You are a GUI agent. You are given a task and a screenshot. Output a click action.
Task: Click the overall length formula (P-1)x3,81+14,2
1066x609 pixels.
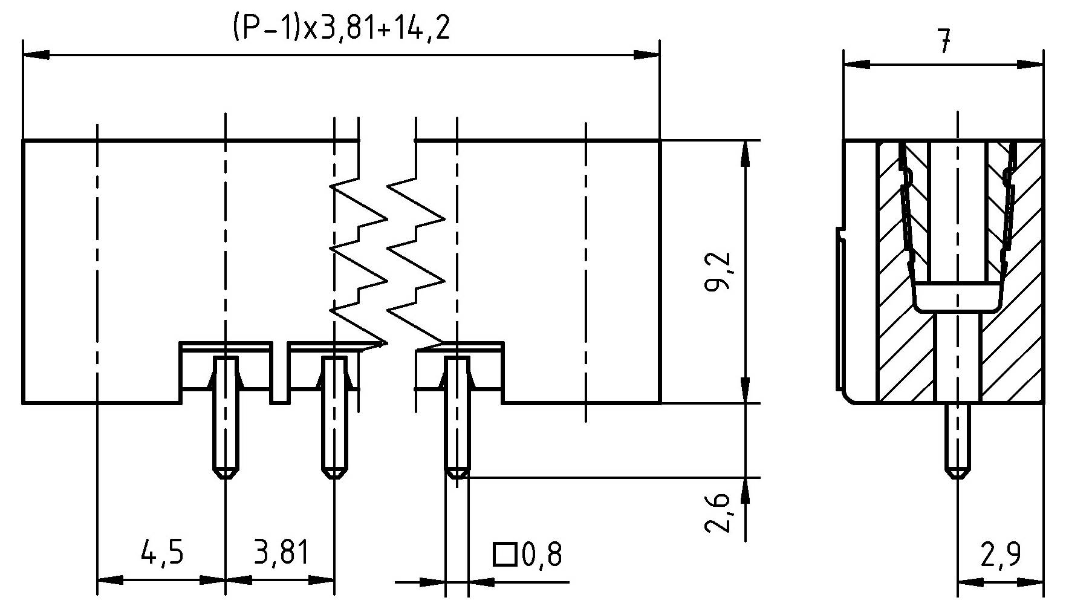[x=341, y=29]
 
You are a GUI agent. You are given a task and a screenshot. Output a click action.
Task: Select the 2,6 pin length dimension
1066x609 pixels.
[x=719, y=513]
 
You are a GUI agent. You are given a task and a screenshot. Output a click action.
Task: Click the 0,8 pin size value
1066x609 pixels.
[x=542, y=555]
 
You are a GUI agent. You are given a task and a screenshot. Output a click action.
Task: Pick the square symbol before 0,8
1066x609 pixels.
[x=504, y=554]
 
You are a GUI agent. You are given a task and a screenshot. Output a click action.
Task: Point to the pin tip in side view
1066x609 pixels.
[x=957, y=472]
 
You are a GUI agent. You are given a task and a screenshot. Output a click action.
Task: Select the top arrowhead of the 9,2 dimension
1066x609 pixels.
[x=745, y=154]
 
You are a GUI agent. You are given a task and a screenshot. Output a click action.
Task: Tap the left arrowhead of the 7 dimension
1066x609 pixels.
[x=856, y=64]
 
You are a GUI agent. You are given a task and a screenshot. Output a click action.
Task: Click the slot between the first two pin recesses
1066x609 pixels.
[x=279, y=375]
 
